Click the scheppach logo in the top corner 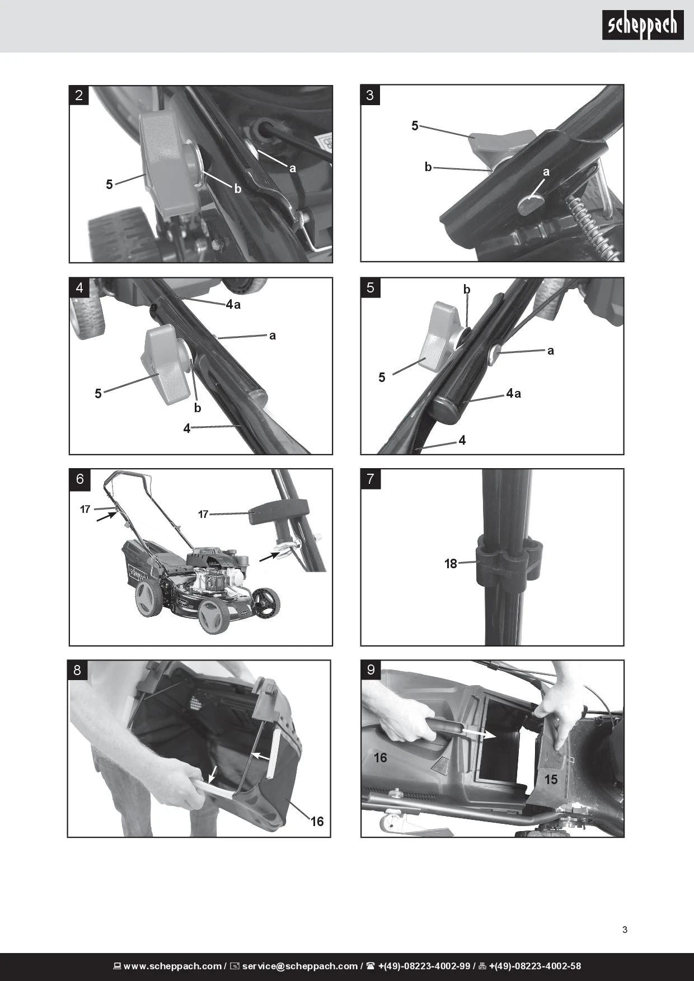click(x=643, y=25)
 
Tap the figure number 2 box click(x=79, y=95)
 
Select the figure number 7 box click(x=371, y=479)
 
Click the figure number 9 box click(x=371, y=670)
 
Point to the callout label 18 click(x=451, y=564)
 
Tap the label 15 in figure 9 click(x=551, y=779)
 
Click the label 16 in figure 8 click(x=317, y=821)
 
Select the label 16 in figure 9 click(x=381, y=757)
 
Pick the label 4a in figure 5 click(x=514, y=393)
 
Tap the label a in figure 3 click(x=546, y=172)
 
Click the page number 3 click(x=625, y=930)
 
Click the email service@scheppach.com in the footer click(x=300, y=966)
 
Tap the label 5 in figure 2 click(x=109, y=184)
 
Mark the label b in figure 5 click(x=467, y=290)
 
